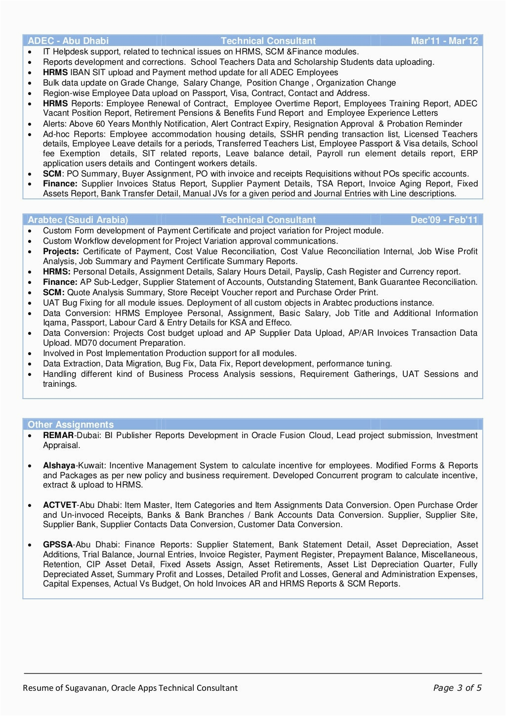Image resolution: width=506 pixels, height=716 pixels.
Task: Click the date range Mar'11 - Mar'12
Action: click(x=444, y=41)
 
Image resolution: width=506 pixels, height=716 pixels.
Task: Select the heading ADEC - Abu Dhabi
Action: click(x=68, y=41)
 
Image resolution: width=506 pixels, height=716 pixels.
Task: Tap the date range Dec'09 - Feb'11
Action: click(x=444, y=220)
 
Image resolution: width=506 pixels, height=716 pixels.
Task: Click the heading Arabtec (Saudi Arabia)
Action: click(x=78, y=220)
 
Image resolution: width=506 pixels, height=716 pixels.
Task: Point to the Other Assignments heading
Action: click(x=71, y=424)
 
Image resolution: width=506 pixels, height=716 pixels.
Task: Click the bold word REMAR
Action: click(x=59, y=435)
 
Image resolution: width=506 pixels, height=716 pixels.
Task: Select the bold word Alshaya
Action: click(x=59, y=465)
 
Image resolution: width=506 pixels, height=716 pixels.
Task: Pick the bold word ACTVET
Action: click(x=60, y=505)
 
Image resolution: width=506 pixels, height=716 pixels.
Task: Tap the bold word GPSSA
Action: click(x=58, y=544)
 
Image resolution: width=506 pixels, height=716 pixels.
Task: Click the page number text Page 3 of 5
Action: click(x=457, y=688)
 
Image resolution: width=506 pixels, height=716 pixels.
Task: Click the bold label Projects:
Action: click(x=61, y=251)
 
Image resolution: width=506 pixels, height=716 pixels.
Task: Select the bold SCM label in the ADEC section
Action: click(x=52, y=174)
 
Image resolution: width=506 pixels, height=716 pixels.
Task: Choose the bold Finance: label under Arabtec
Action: click(x=60, y=282)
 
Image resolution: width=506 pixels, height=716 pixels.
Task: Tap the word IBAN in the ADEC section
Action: click(x=80, y=72)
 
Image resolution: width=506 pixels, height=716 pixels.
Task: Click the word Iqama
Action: click(x=54, y=322)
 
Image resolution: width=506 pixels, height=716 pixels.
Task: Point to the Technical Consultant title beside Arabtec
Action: click(x=268, y=220)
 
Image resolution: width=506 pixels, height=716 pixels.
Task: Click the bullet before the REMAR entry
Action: click(x=30, y=436)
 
